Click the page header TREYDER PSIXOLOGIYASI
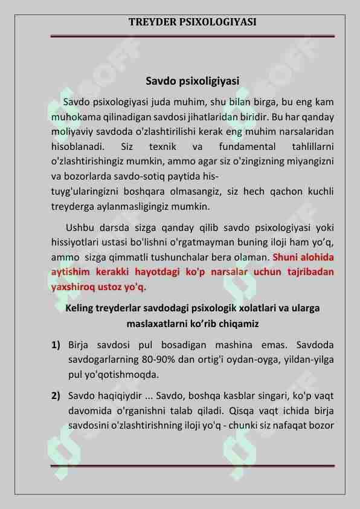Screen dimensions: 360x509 [x=192, y=22]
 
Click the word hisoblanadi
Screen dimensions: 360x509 [x=78, y=147]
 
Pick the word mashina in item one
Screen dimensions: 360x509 [x=251, y=345]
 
